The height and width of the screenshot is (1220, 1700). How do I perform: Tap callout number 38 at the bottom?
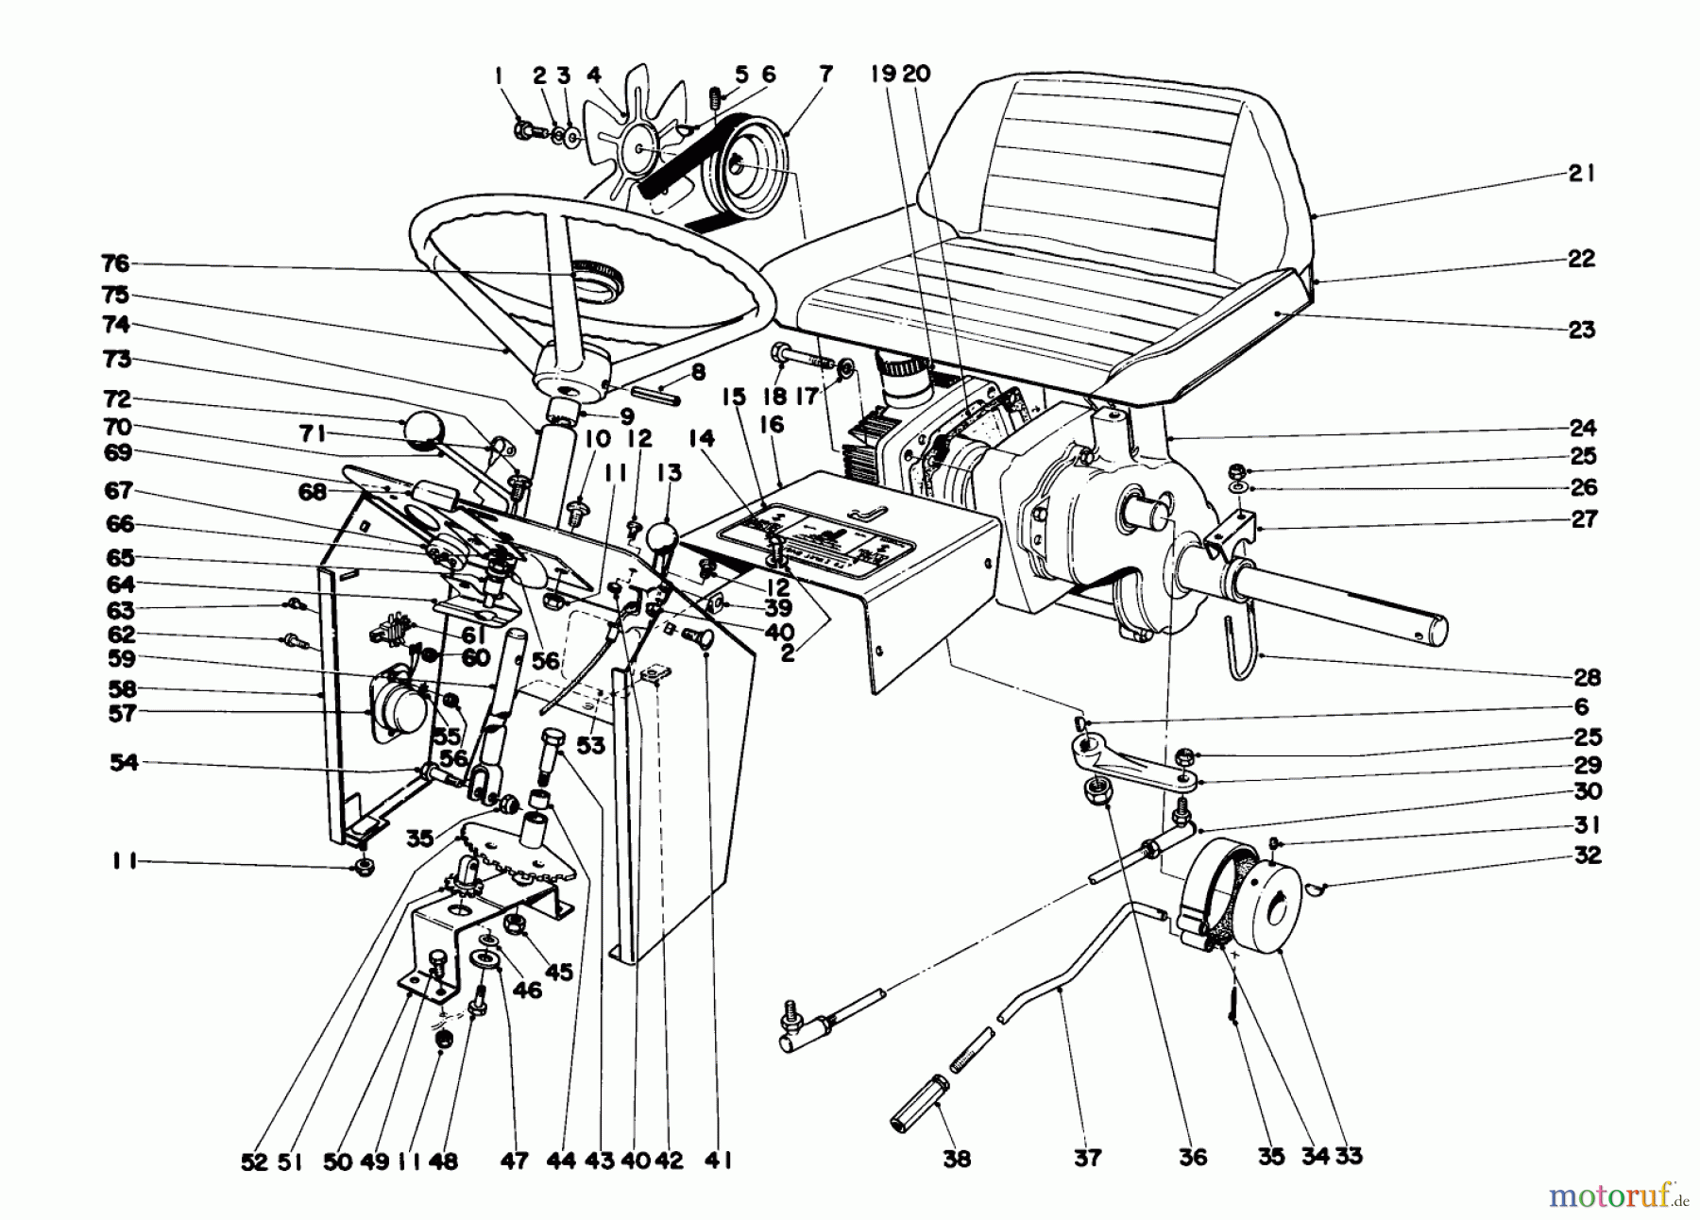956,1159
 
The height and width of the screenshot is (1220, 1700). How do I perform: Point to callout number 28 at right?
1587,676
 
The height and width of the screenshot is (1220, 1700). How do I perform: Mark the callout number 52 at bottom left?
254,1162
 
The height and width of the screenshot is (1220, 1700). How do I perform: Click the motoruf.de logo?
1616,1196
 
